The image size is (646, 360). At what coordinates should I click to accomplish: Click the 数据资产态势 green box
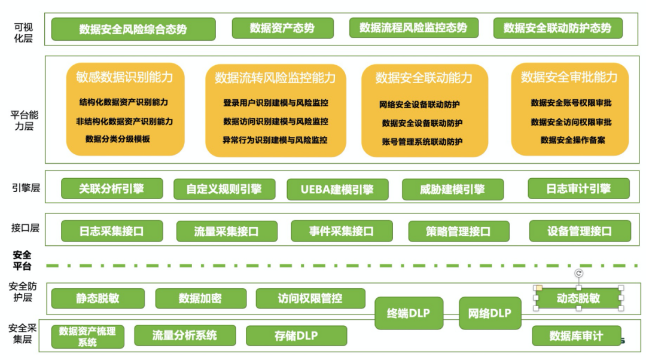[282, 28]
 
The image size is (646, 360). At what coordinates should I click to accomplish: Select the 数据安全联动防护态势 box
[557, 28]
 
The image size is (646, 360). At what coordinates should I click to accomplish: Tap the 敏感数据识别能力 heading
[124, 77]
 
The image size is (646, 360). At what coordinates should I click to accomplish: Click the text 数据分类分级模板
[118, 139]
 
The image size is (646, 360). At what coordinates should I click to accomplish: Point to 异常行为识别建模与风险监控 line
[275, 140]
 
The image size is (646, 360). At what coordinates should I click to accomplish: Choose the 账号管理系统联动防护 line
[422, 142]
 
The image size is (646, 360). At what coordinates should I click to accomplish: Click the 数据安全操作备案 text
[572, 140]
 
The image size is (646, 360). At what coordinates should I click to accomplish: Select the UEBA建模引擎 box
[338, 190]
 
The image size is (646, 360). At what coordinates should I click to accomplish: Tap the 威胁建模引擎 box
[452, 190]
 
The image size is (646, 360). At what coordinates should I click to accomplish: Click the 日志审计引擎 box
[578, 188]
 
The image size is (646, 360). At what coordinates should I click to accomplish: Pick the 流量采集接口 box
[227, 231]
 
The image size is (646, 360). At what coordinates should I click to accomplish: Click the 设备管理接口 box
[580, 231]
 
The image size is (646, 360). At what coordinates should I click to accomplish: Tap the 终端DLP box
[409, 313]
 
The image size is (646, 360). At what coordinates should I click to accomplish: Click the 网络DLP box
[490, 313]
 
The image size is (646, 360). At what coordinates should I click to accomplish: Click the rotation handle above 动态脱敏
[578, 273]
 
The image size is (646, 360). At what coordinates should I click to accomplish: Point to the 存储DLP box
[296, 335]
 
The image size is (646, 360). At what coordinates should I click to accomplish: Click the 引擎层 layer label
[26, 188]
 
